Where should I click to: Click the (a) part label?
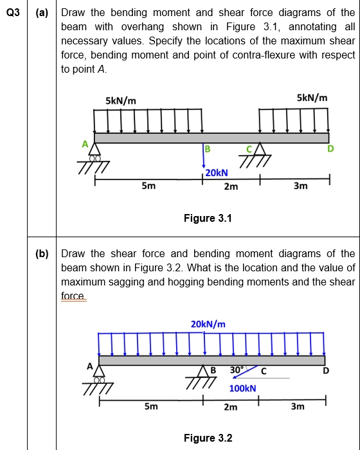(x=41, y=12)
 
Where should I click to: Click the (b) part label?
(x=41, y=253)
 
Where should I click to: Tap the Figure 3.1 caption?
(x=208, y=219)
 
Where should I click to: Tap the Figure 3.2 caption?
(x=208, y=438)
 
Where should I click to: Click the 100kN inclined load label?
(x=242, y=388)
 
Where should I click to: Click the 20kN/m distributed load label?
(x=208, y=324)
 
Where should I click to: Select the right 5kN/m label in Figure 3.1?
(x=312, y=98)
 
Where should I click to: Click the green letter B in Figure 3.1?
(x=207, y=150)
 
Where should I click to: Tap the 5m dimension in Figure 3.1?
(x=148, y=186)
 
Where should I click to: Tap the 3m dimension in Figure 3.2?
(x=298, y=407)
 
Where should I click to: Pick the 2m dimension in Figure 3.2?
(x=231, y=407)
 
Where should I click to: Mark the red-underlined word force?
(x=73, y=295)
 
